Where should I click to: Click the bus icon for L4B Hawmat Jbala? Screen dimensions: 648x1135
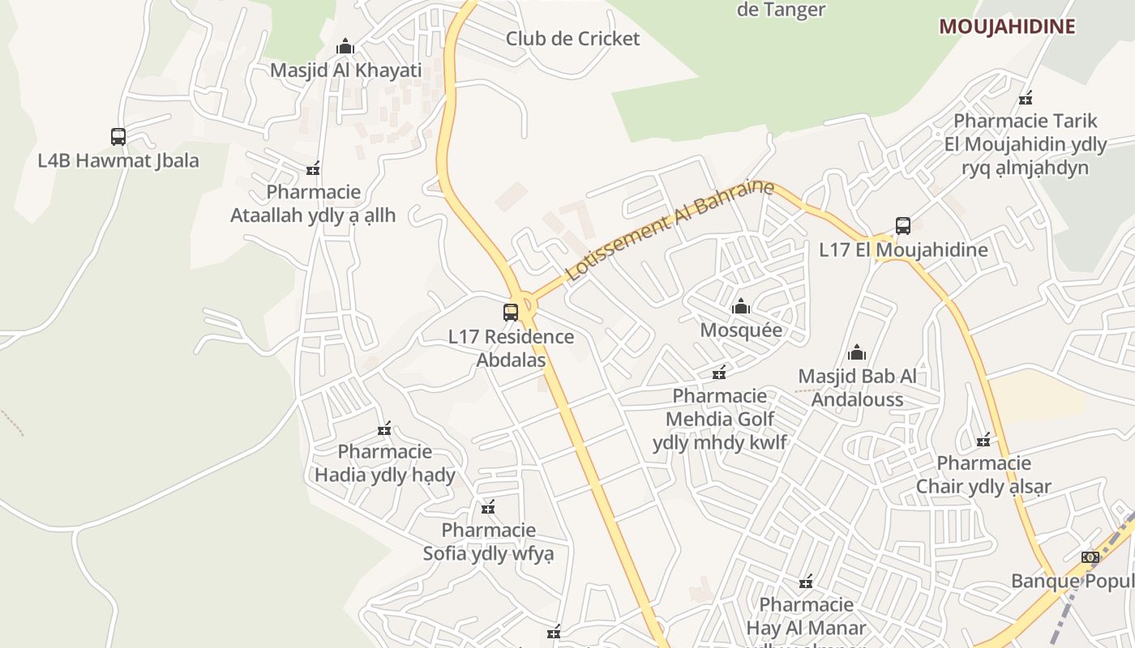pos(118,136)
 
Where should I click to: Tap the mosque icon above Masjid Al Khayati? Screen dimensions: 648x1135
pos(345,46)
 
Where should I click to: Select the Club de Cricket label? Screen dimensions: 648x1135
pos(572,38)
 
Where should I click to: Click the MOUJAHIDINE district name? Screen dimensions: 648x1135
pos(1007,26)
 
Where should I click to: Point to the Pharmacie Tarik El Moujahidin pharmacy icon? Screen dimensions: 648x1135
pos(1026,98)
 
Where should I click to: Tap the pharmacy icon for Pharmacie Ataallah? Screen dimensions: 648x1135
pos(313,169)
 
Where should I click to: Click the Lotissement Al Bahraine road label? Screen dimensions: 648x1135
pos(670,231)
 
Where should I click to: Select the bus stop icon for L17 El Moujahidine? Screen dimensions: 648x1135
pos(903,226)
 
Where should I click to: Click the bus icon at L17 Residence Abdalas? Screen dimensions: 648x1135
pos(511,313)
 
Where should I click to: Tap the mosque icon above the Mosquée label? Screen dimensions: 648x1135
pos(740,307)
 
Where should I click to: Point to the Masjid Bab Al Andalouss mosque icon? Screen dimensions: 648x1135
pos(857,352)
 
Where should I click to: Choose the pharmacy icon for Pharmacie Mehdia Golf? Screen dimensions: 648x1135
pos(719,373)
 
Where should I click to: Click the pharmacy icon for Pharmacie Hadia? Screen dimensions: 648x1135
pos(384,428)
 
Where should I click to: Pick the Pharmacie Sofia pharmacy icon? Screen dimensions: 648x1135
pos(488,508)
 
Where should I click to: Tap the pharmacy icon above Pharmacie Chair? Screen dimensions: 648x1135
pos(983,440)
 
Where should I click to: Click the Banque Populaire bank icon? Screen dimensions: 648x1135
pos(1090,557)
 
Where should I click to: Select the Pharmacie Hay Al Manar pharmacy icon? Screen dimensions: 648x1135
pos(805,582)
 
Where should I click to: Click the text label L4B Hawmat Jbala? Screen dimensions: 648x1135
pos(118,160)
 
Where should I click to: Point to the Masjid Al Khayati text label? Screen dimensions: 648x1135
pos(345,70)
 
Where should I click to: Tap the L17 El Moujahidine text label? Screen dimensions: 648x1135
pos(903,249)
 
